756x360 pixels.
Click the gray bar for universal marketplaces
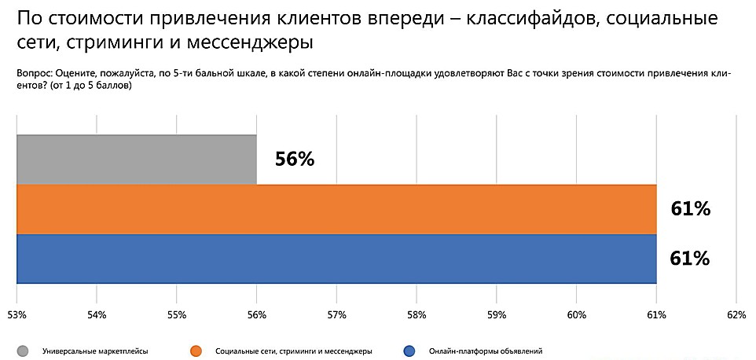[x=136, y=160]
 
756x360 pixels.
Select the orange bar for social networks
[x=336, y=209]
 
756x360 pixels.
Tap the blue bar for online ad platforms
[x=336, y=259]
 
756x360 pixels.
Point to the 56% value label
[x=295, y=160]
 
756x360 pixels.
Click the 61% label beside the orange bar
[x=691, y=209]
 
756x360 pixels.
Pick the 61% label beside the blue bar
[x=691, y=259]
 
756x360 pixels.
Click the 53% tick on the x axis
[x=17, y=315]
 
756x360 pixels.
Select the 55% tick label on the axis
[x=176, y=315]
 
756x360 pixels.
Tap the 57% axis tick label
[x=336, y=315]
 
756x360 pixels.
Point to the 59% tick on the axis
[x=496, y=315]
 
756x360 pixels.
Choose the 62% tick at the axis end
[x=736, y=315]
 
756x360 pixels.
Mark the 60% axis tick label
[x=576, y=315]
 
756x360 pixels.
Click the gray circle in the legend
[x=23, y=351]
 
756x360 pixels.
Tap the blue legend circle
[x=409, y=351]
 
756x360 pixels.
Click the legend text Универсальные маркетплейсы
[x=95, y=351]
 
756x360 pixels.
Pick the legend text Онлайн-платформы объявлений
[x=486, y=351]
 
